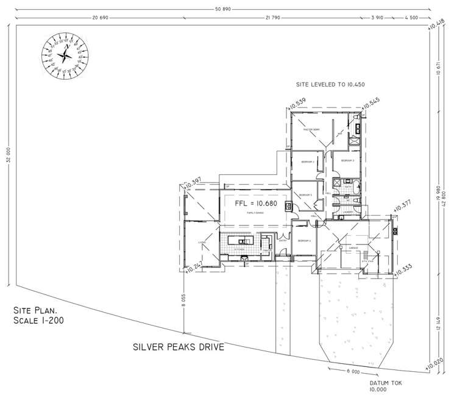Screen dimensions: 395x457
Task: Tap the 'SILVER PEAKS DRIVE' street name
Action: click(179, 348)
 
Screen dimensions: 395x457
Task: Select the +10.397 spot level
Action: click(192, 180)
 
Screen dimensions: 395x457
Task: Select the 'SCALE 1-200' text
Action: click(37, 320)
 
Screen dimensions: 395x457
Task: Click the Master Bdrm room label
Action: click(311, 129)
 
